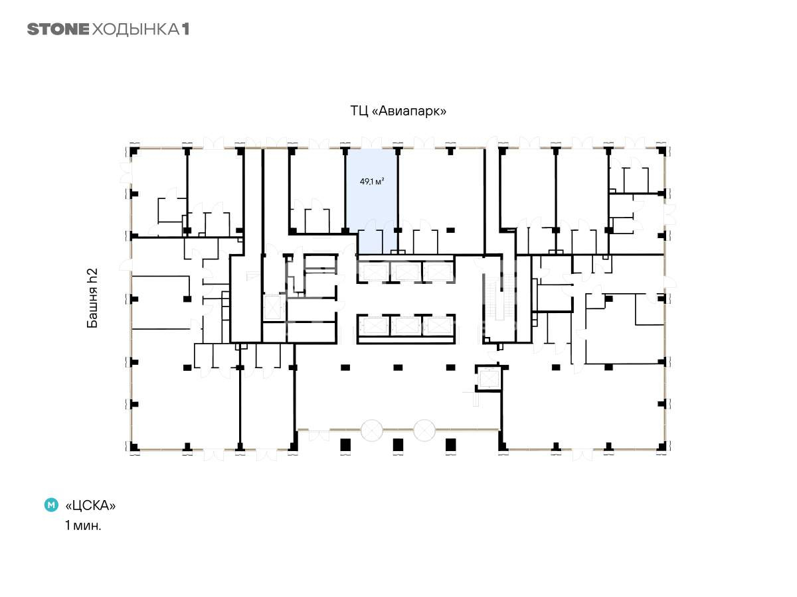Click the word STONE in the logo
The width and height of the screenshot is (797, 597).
click(58, 29)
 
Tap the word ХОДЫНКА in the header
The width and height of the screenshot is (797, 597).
click(135, 30)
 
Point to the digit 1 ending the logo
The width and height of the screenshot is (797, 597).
click(185, 29)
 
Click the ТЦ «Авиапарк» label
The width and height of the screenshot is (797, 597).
click(398, 111)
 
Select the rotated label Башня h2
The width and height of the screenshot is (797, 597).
click(92, 298)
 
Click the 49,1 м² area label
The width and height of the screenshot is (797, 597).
click(372, 181)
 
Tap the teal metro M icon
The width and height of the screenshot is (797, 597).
click(51, 505)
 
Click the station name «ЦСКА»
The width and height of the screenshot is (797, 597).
click(90, 505)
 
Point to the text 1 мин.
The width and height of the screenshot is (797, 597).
click(83, 525)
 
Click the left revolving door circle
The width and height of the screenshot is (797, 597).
click(371, 431)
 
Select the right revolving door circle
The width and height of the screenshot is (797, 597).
click(424, 431)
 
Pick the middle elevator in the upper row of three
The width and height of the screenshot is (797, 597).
click(406, 272)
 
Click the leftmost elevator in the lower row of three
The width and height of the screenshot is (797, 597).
click(374, 326)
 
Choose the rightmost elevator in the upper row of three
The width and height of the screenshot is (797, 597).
click(438, 272)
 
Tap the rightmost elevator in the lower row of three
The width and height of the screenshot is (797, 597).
click(438, 326)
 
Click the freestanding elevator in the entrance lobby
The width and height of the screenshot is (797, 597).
click(488, 379)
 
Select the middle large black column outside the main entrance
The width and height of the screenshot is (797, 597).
click(398, 445)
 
